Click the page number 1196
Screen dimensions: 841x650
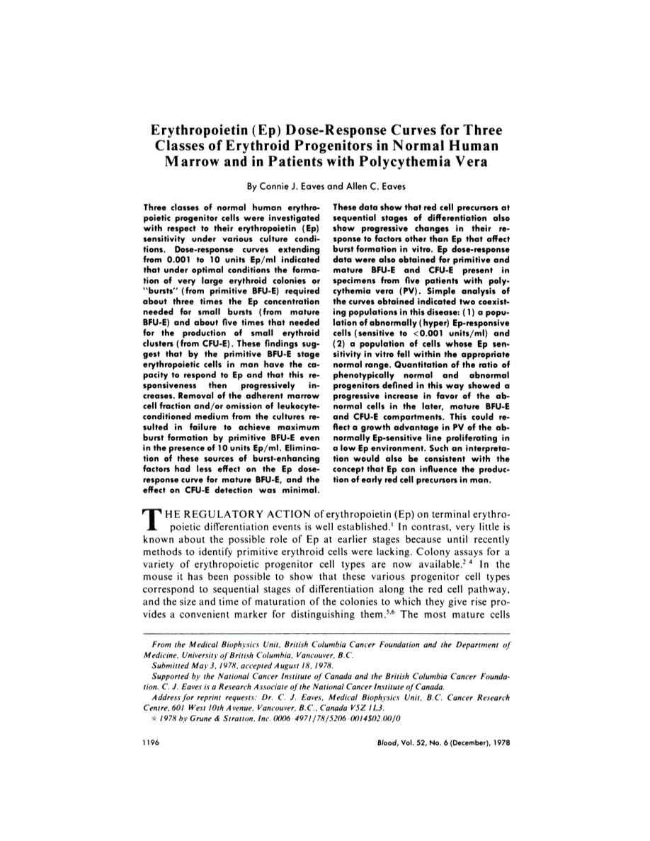pyautogui.click(x=150, y=743)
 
